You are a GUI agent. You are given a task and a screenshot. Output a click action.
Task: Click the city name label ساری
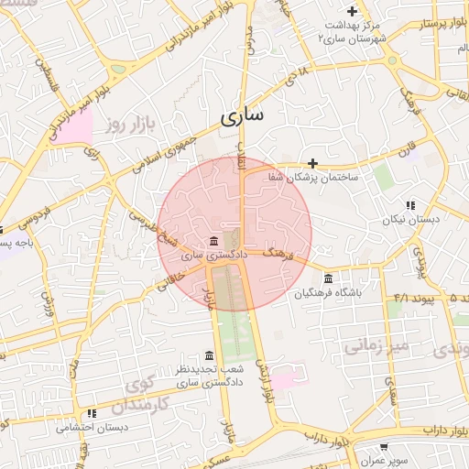242,116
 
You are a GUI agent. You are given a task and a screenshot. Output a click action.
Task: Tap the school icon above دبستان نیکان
410,205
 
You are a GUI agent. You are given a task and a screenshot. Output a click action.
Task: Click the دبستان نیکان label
411,220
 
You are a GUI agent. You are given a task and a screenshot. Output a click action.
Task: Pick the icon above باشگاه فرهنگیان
328,278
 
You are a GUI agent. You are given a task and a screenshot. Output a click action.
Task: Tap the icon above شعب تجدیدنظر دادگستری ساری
209,355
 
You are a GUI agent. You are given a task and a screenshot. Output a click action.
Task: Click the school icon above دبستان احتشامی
91,413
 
